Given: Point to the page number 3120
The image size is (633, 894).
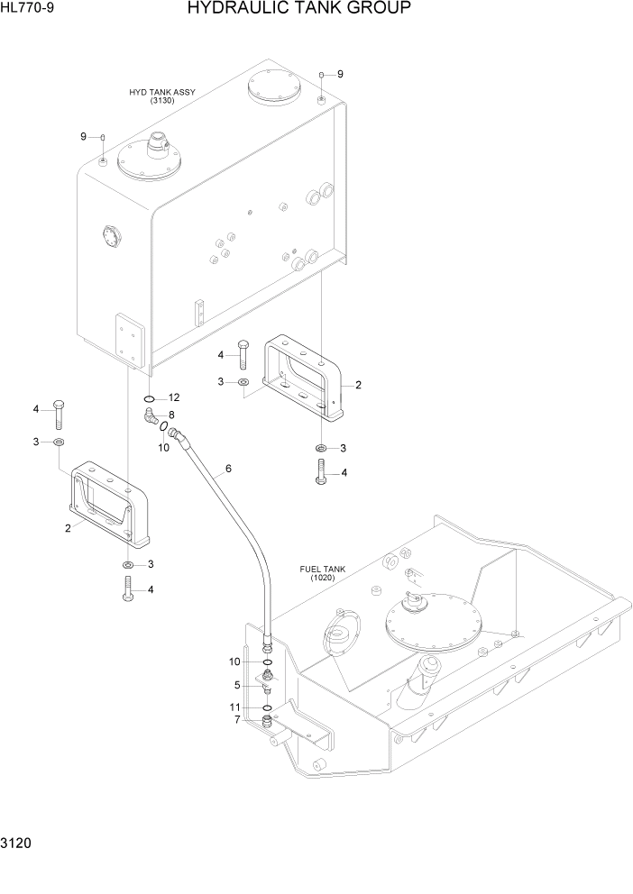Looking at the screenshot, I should tap(18, 845).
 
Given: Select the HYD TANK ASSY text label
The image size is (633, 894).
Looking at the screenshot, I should tap(162, 92).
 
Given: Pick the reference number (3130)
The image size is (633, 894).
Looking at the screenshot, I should tap(162, 101).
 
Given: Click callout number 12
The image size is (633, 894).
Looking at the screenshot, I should tap(174, 397).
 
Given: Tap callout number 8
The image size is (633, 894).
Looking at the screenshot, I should tap(171, 415).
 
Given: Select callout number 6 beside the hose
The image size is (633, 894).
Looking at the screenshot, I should tap(228, 469).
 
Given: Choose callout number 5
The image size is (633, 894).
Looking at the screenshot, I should tap(237, 685).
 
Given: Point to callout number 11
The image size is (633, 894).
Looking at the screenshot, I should tap(235, 707).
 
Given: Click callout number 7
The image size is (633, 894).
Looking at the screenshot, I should tap(237, 719).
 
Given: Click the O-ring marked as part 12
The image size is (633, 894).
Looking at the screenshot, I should tap(149, 398).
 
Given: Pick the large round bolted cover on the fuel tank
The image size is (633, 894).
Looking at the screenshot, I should tap(432, 622).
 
